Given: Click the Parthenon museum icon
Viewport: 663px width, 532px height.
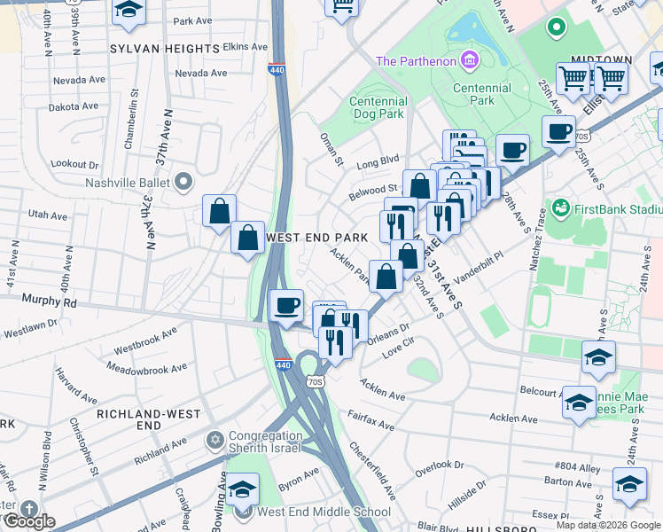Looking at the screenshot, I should (x=470, y=61).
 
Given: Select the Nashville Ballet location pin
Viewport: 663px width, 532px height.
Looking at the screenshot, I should (x=183, y=183).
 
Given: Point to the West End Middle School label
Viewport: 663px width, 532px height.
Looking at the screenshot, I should (x=324, y=512).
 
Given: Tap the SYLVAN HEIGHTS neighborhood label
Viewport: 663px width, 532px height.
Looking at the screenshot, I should (x=164, y=48).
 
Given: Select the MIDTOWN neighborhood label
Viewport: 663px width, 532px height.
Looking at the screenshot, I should (x=601, y=59).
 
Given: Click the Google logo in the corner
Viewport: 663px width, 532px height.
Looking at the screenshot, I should (x=29, y=520).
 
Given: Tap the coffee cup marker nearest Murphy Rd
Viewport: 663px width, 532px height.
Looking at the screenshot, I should (x=285, y=307).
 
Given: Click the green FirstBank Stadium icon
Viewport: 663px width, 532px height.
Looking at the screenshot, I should (x=559, y=207).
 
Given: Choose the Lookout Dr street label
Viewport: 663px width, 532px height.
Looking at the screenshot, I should (x=75, y=164).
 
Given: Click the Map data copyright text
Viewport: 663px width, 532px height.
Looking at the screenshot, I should (x=609, y=525).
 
